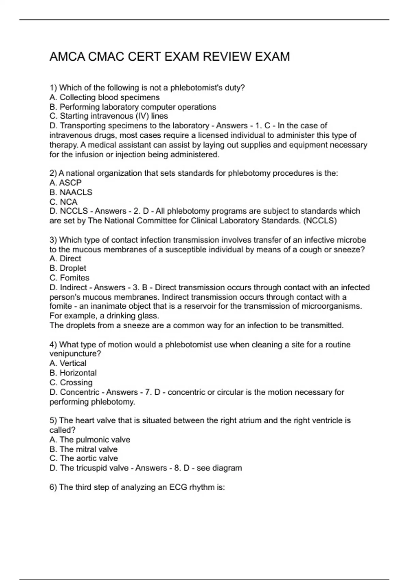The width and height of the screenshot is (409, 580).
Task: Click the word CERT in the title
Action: pos(145,57)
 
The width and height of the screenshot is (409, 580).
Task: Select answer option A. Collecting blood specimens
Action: pos(104,97)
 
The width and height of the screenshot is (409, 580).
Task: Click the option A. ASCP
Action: pos(65,183)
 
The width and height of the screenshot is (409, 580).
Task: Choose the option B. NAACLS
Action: pos(71,192)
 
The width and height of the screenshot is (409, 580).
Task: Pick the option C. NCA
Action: pos(63,202)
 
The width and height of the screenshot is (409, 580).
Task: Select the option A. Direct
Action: pos(65,259)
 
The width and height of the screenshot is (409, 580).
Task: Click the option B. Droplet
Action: pos(68,268)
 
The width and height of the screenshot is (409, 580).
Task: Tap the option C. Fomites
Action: pos(69,278)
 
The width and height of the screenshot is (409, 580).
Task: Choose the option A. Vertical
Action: pos(68,363)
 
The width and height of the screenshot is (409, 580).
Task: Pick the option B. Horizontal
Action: pos(73,373)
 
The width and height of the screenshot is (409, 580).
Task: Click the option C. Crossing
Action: pos(71,382)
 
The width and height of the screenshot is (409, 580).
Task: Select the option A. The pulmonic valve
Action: pos(90,439)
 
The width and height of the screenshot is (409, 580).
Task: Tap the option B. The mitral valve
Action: pos(84,449)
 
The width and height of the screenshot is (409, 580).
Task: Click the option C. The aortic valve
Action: pos(84,458)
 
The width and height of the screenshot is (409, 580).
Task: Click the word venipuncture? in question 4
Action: pos(75,354)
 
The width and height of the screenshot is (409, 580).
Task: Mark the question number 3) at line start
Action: pos(53,240)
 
